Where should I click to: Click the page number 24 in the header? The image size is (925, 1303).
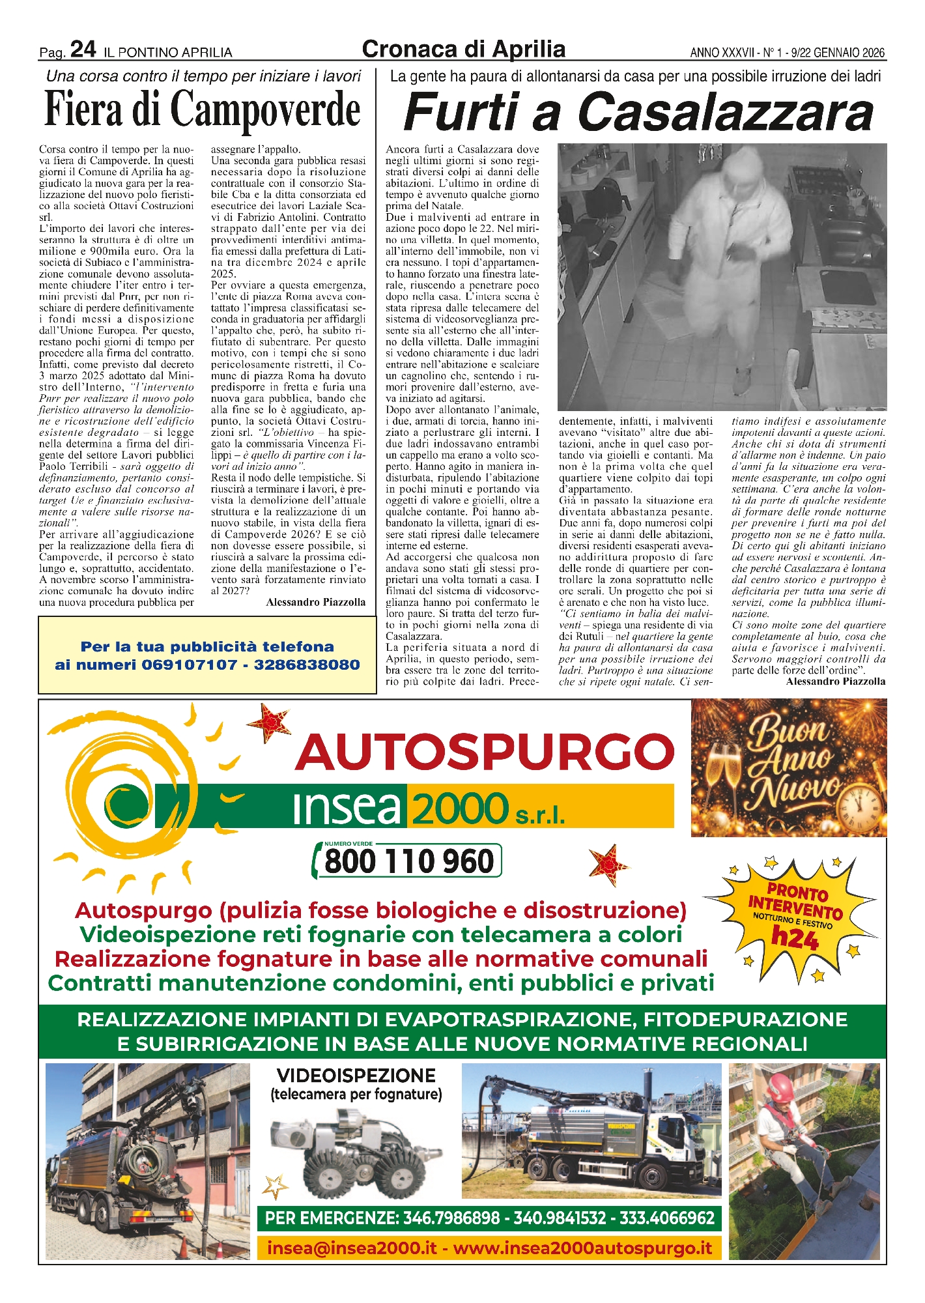click(83, 50)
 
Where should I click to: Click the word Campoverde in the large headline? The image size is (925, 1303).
click(265, 109)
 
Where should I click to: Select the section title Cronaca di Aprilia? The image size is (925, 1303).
click(463, 49)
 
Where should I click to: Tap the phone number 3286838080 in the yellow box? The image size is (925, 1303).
click(307, 665)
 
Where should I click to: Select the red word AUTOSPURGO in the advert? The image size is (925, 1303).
click(485, 752)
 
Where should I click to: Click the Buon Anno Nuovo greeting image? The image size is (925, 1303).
click(788, 767)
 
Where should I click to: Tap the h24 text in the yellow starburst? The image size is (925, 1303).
click(794, 938)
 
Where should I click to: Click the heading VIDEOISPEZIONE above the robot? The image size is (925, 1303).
click(356, 1075)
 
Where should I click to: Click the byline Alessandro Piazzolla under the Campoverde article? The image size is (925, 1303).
click(316, 602)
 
